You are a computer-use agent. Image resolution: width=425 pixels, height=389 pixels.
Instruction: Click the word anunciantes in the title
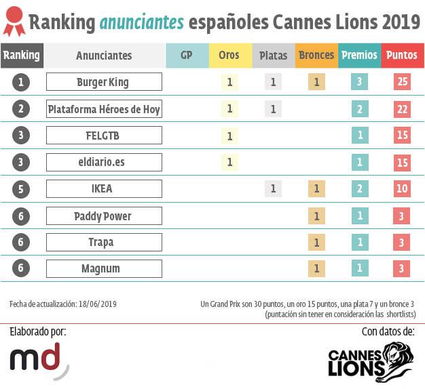click(141, 22)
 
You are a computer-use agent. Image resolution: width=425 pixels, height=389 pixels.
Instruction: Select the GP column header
click(186, 56)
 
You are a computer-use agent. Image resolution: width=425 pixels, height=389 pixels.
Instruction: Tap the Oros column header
click(229, 56)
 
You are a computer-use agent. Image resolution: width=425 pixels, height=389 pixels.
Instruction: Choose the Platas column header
click(273, 56)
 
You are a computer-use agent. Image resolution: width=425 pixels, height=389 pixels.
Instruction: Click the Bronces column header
click(316, 56)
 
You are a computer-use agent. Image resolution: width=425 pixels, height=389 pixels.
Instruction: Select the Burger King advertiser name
click(104, 82)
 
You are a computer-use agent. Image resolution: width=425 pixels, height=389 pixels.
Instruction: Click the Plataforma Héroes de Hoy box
click(104, 108)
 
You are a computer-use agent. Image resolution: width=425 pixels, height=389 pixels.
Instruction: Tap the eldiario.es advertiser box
click(104, 162)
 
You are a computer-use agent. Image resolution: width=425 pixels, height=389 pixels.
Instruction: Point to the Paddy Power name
click(104, 216)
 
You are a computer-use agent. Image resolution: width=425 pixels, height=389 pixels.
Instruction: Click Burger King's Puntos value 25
click(403, 82)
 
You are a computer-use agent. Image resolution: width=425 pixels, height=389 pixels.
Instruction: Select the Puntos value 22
click(403, 108)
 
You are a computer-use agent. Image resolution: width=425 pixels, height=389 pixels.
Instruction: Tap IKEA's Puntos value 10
click(403, 189)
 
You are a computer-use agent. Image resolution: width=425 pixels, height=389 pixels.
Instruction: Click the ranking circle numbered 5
click(22, 189)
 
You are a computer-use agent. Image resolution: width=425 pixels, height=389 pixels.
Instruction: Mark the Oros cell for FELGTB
click(229, 136)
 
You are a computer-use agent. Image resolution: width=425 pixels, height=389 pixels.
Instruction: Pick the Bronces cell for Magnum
click(315, 268)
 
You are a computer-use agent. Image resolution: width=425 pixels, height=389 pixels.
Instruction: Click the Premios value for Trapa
click(359, 242)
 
